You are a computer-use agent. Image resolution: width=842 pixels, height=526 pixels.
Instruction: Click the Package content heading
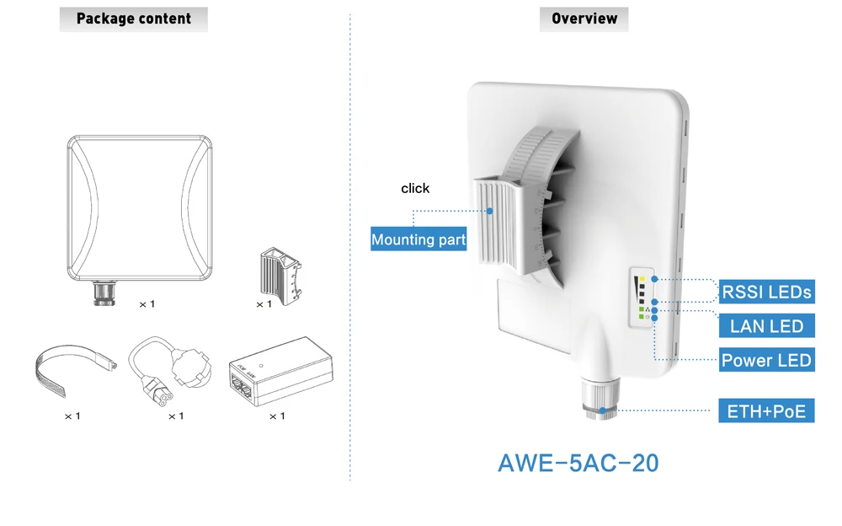[134, 19]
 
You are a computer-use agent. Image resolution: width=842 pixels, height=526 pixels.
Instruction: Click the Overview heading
[584, 19]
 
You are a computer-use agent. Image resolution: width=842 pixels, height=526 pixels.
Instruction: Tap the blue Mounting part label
[418, 239]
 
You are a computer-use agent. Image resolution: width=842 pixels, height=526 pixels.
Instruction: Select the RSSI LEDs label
[766, 292]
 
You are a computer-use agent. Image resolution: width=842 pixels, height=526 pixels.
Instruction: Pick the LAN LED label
[766, 326]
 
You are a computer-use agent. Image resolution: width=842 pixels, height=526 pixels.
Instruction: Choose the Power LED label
[766, 360]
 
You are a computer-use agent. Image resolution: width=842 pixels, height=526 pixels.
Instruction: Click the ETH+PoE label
[766, 411]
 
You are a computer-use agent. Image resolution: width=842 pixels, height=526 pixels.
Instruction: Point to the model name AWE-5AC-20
[578, 463]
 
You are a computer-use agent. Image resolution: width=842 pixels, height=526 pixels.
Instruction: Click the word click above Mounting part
[415, 189]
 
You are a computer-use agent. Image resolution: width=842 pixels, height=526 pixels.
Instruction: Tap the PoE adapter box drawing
[281, 371]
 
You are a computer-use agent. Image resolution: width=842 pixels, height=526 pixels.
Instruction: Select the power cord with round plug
[171, 370]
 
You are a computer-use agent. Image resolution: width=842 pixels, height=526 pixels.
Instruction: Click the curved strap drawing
[75, 369]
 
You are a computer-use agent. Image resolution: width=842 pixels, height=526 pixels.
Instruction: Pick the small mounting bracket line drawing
[280, 276]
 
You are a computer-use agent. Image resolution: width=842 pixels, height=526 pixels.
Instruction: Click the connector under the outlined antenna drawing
[104, 293]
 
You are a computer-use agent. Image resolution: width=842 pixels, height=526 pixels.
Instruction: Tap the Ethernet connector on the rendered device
[601, 398]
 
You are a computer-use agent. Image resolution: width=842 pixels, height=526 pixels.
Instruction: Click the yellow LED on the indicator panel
[642, 279]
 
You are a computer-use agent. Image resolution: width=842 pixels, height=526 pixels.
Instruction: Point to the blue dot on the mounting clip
[490, 211]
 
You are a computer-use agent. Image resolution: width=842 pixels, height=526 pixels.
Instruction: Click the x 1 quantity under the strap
[72, 416]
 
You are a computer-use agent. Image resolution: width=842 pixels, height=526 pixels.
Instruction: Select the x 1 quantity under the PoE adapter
[277, 416]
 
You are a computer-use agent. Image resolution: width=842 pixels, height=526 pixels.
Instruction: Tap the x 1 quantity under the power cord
[176, 416]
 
